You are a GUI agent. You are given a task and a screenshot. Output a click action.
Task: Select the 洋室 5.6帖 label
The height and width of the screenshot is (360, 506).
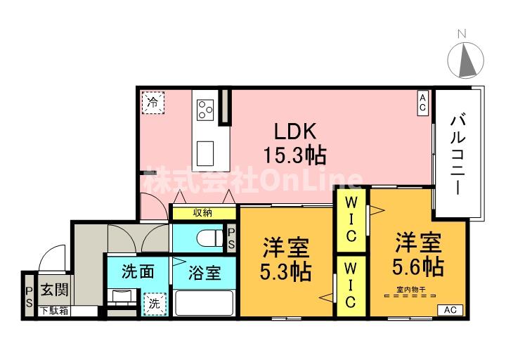pos(417,255)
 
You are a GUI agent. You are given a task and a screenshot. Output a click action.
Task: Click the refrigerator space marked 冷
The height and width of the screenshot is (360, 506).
pos(151,102)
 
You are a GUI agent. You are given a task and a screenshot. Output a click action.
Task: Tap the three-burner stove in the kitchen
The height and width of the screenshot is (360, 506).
pos(206,109)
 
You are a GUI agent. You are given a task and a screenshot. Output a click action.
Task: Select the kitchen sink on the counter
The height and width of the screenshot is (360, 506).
pos(206,151)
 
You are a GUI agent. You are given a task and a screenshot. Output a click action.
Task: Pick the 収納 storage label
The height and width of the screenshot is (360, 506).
pos(203,212)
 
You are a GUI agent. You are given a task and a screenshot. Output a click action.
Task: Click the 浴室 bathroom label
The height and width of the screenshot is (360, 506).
pos(205,272)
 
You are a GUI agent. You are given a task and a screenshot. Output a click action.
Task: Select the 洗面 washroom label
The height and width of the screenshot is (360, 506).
pos(137,272)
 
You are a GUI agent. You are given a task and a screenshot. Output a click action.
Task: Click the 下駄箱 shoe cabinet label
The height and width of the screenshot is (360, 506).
pos(53,310)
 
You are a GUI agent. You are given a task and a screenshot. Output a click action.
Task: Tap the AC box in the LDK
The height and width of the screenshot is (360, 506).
pos(422,103)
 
